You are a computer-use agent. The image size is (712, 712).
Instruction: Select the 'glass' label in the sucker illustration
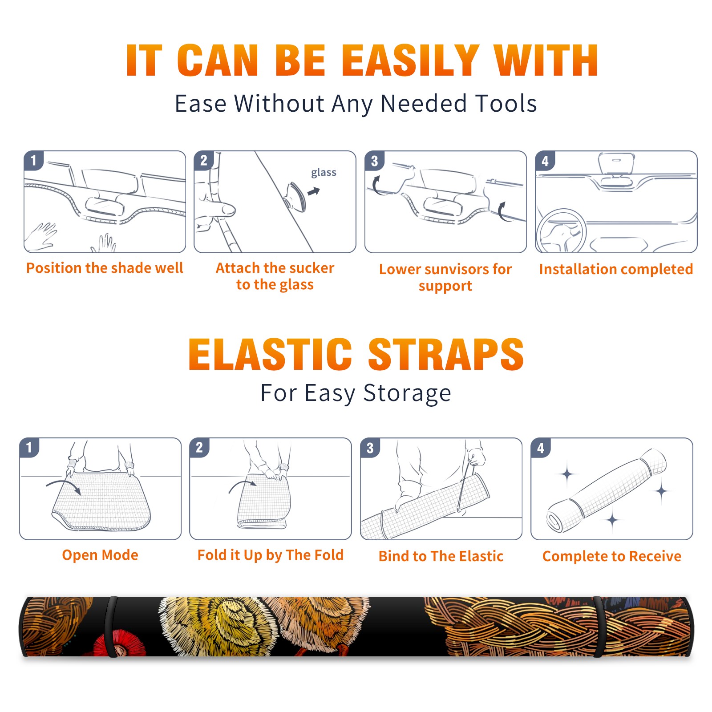click(x=324, y=173)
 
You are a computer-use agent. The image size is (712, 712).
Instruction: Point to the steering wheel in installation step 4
click(x=562, y=231)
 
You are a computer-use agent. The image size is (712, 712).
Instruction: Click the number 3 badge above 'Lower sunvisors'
click(x=375, y=161)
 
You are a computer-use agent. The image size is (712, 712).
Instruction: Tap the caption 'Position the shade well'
click(x=105, y=268)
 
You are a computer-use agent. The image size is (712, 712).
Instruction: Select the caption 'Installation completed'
click(x=616, y=269)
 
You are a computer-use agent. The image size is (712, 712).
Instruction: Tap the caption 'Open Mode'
click(x=100, y=555)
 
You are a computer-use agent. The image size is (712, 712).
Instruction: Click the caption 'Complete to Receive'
click(x=612, y=556)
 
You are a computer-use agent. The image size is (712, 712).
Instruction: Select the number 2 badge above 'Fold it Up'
click(x=199, y=447)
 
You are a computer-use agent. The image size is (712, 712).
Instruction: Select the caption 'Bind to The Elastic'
click(x=441, y=556)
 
